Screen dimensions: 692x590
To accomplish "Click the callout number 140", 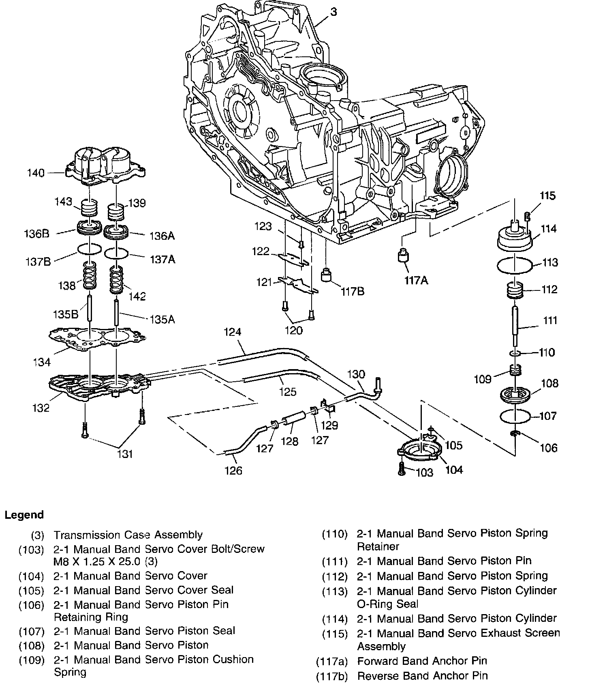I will coord(35,173).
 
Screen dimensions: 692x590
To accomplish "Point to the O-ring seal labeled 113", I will coord(514,266).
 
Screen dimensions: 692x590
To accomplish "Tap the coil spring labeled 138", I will coord(90,276).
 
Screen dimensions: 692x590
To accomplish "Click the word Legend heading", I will coord(24,515).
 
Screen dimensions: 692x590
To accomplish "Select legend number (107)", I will coord(31,631).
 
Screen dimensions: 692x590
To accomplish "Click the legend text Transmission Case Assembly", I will coord(128,535).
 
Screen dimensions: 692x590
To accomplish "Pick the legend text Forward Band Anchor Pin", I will coord(422,661).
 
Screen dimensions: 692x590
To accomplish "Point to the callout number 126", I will coord(233,470).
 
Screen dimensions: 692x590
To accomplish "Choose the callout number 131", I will coord(125,453).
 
